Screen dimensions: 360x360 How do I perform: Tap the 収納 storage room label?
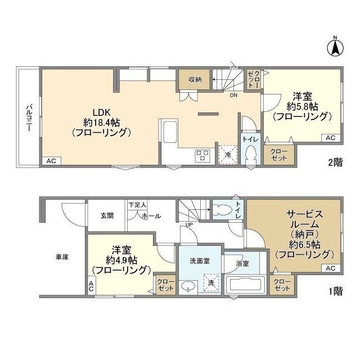[195, 79]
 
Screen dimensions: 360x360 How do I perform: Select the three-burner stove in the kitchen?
[202, 155]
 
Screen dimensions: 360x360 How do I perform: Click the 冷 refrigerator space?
[228, 155]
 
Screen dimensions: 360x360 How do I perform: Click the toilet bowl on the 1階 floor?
[222, 210]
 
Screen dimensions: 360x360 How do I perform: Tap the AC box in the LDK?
[51, 161]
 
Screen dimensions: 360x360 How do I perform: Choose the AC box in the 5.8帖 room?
[331, 138]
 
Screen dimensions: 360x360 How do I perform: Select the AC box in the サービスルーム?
[331, 268]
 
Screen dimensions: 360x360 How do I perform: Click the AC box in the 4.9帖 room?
[91, 286]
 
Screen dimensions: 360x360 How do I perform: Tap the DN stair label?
[233, 95]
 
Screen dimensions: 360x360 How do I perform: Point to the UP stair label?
[189, 225]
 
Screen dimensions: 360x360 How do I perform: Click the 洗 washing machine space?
[211, 283]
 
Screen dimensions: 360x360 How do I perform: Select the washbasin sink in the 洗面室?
[188, 286]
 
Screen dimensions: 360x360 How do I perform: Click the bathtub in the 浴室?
[245, 285]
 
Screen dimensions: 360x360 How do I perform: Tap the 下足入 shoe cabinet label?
[137, 205]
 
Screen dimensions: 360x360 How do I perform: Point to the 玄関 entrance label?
[107, 215]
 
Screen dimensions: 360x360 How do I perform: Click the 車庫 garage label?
[62, 257]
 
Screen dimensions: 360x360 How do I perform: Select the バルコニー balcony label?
[29, 118]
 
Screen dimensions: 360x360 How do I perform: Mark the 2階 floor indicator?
[335, 163]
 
